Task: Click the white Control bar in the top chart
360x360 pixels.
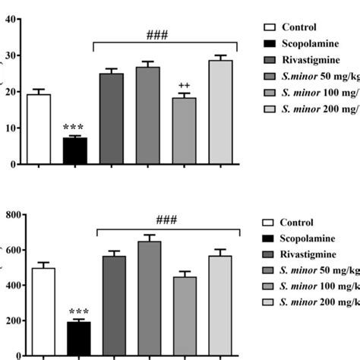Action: [38, 129]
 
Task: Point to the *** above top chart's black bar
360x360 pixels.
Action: [74, 128]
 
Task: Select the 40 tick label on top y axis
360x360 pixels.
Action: [9, 20]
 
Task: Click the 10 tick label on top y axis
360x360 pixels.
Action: [9, 128]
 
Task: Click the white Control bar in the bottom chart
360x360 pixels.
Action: [38, 311]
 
